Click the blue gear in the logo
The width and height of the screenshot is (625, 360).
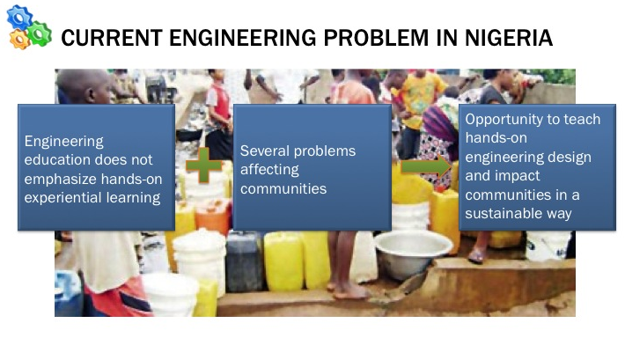click(19, 17)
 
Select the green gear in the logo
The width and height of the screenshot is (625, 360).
click(39, 33)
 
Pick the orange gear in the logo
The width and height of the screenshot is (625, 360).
click(19, 40)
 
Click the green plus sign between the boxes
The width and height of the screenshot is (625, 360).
click(203, 165)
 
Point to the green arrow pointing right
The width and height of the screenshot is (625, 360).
click(426, 166)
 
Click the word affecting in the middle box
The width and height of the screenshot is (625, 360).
click(269, 170)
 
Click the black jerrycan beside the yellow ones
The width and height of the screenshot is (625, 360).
click(244, 261)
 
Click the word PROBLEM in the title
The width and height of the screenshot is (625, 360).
click(376, 38)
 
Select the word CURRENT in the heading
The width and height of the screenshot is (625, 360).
click(111, 38)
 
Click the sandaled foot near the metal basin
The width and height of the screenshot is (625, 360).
click(477, 255)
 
